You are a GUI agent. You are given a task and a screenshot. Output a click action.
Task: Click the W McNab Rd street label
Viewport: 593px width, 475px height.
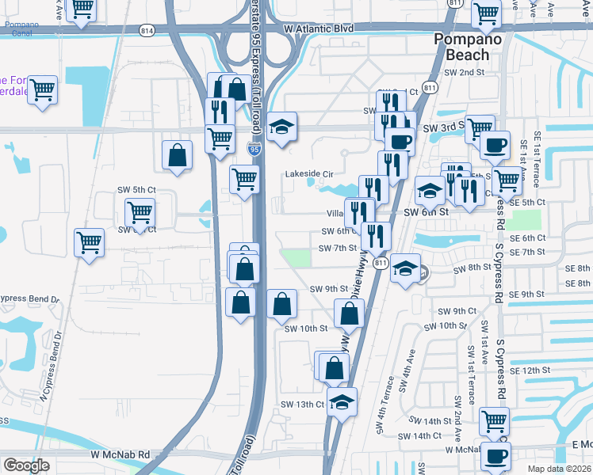(x=120, y=454)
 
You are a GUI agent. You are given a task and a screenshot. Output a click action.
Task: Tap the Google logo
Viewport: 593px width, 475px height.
(x=26, y=465)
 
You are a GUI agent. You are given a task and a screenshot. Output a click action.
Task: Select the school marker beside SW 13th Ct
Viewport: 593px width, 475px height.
(x=342, y=402)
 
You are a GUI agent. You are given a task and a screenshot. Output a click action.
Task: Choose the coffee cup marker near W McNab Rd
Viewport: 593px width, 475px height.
(x=496, y=457)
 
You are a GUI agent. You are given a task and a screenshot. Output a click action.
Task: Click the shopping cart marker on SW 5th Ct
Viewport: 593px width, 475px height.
(x=140, y=211)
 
